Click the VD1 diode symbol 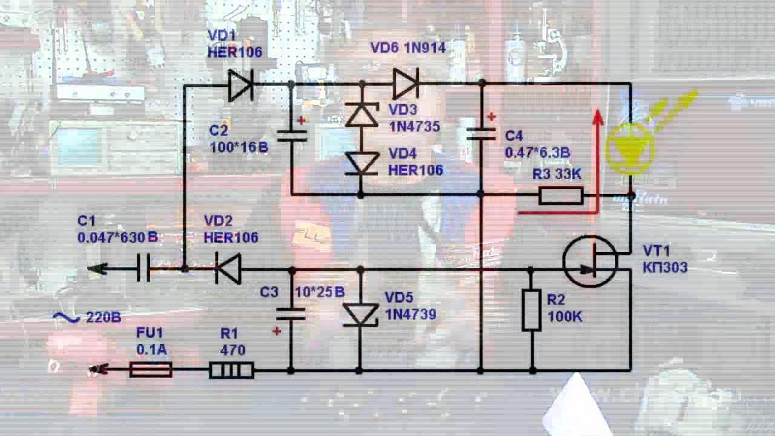pyautogui.click(x=240, y=85)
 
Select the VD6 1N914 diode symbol pyautogui.click(x=405, y=84)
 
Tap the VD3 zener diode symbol pyautogui.click(x=361, y=114)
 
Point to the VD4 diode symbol pyautogui.click(x=361, y=163)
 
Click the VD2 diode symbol pyautogui.click(x=229, y=269)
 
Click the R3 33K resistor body pyautogui.click(x=561, y=196)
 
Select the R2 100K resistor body pyautogui.click(x=532, y=310)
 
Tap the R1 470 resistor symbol pyautogui.click(x=231, y=370)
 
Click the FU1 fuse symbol pyautogui.click(x=151, y=369)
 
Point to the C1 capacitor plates pyautogui.click(x=143, y=268)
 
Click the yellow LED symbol pyautogui.click(x=630, y=148)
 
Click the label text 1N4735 pyautogui.click(x=414, y=127)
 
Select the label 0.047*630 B pyautogui.click(x=117, y=237)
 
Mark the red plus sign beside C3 pyautogui.click(x=277, y=331)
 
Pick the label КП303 pyautogui.click(x=665, y=267)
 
